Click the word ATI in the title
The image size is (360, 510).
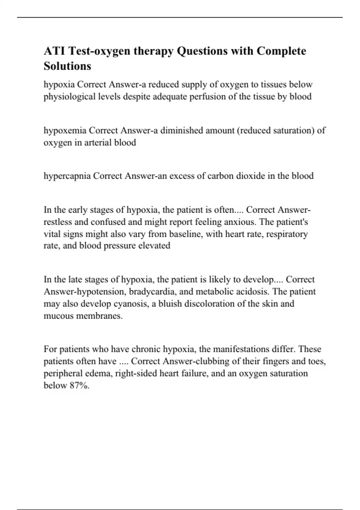pos(54,51)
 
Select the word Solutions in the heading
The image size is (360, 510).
pos(67,66)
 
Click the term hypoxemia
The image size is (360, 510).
pos(65,130)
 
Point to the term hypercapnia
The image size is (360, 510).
pos(67,176)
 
